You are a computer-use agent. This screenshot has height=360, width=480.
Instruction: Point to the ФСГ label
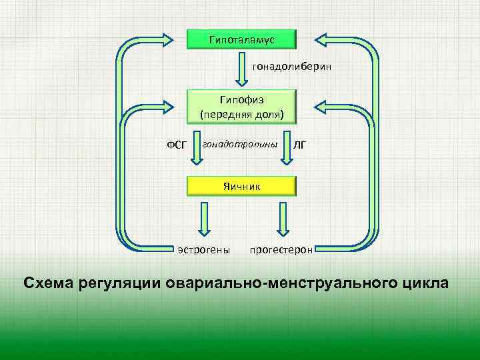176,144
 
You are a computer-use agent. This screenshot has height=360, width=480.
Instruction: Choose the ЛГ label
301,144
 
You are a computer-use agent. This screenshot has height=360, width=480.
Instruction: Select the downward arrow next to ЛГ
287,151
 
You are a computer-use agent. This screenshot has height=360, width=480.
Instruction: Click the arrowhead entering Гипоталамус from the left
170,39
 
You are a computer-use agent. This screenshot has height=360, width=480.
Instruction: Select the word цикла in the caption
427,283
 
